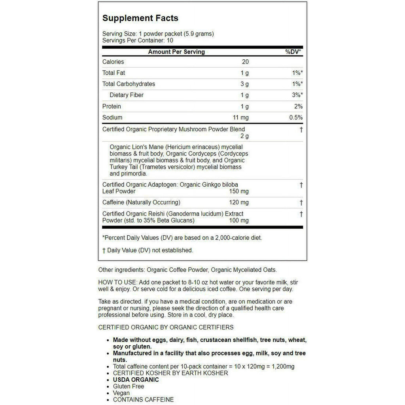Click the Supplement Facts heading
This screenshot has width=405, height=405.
[140, 18]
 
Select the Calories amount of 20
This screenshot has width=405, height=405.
[245, 62]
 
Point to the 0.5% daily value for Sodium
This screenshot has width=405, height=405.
[295, 117]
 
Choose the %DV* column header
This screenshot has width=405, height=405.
[293, 52]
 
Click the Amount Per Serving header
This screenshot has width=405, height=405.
[176, 52]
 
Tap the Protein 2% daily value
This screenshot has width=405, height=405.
[298, 106]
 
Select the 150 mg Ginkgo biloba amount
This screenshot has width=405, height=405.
[239, 191]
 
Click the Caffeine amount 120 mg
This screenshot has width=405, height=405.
[239, 202]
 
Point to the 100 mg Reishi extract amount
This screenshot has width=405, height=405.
[239, 220]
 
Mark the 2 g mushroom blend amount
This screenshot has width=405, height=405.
[245, 136]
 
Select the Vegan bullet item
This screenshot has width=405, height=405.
[121, 393]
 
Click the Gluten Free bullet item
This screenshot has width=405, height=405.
[129, 386]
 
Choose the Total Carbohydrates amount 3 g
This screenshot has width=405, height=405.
[245, 84]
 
